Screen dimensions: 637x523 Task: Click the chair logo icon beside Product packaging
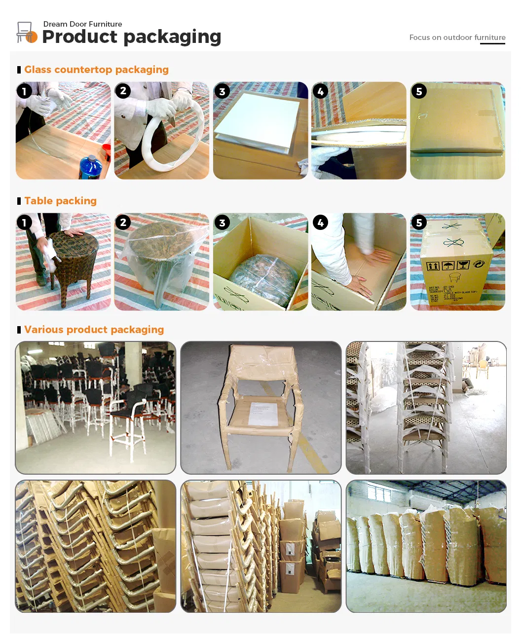(26, 33)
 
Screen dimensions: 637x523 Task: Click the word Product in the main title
(79, 37)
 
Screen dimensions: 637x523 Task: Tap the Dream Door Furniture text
(82, 24)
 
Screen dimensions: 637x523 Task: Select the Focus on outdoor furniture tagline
(457, 37)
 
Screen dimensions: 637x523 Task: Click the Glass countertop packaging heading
(96, 70)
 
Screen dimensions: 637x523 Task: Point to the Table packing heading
(60, 201)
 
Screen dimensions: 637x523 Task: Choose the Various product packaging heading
(94, 330)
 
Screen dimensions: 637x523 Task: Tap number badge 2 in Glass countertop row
(123, 91)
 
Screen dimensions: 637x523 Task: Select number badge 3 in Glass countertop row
(222, 91)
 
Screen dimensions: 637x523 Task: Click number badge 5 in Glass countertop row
(419, 91)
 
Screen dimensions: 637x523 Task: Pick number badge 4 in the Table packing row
(320, 223)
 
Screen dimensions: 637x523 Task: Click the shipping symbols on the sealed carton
(449, 265)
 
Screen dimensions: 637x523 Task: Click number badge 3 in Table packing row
(222, 223)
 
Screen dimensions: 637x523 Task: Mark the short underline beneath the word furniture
(492, 44)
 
